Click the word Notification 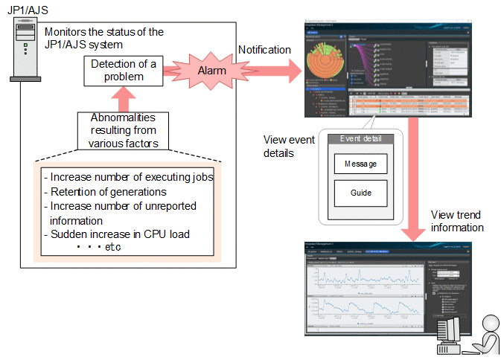click(264, 50)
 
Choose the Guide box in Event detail click(360, 193)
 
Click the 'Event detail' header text click(360, 139)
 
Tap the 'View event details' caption click(287, 146)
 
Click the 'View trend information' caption click(457, 221)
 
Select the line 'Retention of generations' click(108, 192)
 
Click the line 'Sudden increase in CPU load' click(118, 234)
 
